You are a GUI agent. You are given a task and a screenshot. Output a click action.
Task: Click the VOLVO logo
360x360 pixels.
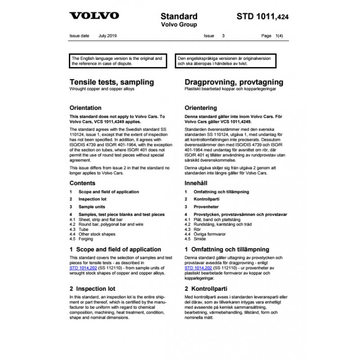(94, 16)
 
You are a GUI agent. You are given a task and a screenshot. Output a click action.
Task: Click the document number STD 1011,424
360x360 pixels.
(263, 17)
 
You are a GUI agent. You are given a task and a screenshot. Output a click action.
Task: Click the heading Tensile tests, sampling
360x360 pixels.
(112, 82)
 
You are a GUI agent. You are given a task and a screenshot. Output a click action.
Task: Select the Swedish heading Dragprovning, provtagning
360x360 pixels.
(234, 82)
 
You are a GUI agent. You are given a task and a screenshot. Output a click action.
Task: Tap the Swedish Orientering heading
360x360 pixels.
(201, 108)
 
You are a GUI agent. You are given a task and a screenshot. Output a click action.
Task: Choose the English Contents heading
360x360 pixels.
(82, 183)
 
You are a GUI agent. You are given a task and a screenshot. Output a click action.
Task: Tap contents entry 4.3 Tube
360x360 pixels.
(81, 229)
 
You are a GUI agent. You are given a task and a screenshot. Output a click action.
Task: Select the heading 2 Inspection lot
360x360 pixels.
(92, 288)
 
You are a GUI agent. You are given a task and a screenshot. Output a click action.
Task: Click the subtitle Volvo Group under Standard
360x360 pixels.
(179, 25)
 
